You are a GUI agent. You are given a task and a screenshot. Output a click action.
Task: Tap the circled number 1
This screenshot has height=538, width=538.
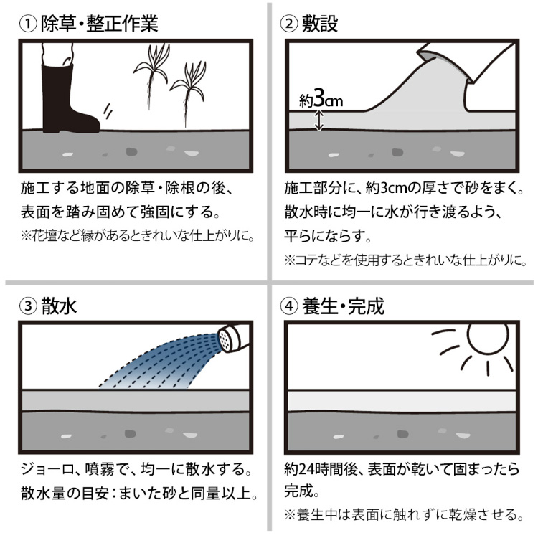[x=28, y=24]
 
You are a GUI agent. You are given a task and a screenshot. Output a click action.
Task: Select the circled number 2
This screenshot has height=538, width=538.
[x=289, y=24]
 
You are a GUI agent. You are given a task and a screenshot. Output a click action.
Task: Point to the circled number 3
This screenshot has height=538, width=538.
[x=28, y=306]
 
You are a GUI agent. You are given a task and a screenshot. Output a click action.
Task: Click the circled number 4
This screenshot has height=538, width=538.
[x=289, y=306]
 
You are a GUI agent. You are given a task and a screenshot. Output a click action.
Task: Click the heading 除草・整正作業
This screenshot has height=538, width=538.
[x=100, y=24]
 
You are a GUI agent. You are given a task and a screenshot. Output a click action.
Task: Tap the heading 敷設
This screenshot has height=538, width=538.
[x=320, y=24]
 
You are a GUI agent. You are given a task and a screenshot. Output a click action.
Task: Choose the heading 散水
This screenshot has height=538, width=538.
[x=59, y=306]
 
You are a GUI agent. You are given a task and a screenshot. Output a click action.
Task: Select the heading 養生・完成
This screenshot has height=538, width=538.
[x=343, y=306]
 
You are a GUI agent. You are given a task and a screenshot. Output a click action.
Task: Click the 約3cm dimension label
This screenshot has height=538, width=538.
[x=321, y=100]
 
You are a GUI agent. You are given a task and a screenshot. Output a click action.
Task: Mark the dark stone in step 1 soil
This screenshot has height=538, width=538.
[x=131, y=151]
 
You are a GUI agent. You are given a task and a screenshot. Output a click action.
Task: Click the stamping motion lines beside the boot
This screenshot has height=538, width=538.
[x=108, y=110]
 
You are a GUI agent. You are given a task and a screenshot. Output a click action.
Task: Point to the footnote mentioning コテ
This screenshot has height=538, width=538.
[x=405, y=261]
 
